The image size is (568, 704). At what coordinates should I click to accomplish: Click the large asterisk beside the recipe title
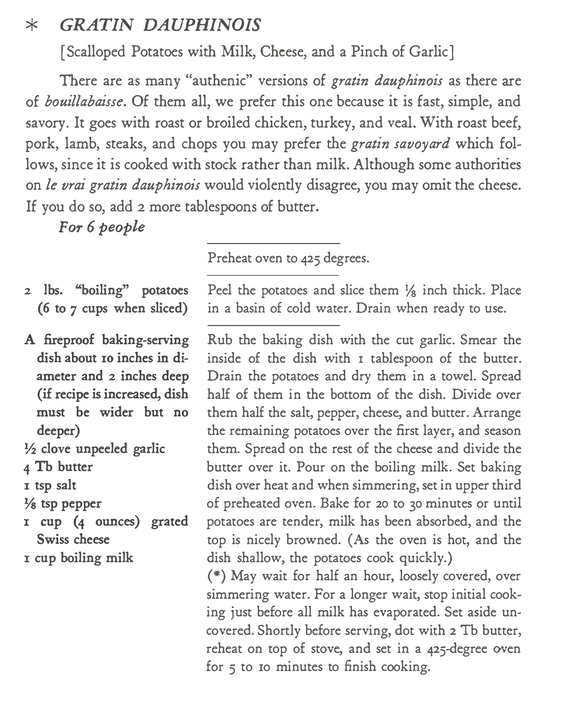click(32, 26)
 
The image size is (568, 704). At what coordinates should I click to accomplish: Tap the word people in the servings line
click(122, 228)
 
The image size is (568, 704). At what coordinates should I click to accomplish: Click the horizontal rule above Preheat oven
click(273, 243)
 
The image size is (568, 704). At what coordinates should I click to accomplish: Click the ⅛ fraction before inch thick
click(408, 291)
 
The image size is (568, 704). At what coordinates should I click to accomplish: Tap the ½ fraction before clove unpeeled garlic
click(31, 448)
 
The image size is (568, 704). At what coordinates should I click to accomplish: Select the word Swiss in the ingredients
click(50, 539)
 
